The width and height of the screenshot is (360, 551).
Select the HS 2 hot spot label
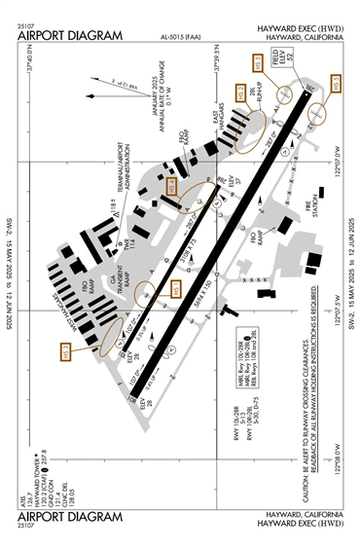[241, 95]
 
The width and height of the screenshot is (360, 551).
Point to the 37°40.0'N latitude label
[31, 62]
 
